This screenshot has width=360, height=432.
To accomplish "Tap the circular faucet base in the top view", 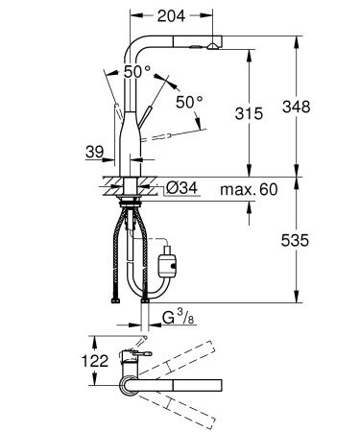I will [128, 384].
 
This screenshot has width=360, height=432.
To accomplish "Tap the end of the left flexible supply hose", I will [115, 299].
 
